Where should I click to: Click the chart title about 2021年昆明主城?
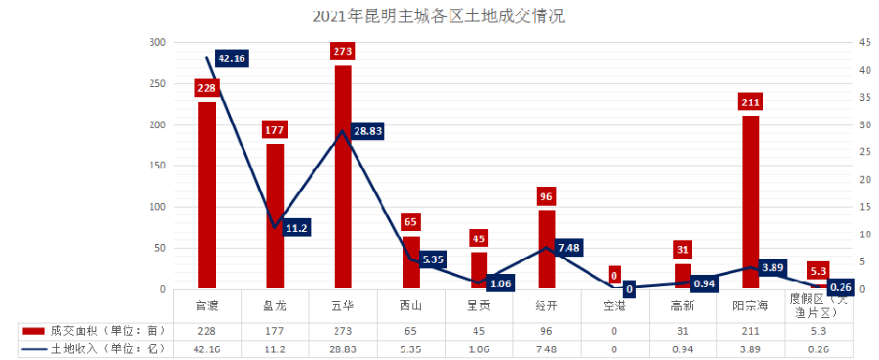click(439, 16)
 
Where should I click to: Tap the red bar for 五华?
click(343, 178)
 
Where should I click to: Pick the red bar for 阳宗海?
click(751, 202)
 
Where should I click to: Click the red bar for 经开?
click(547, 249)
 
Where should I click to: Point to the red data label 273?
click(343, 51)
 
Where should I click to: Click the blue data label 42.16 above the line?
click(232, 58)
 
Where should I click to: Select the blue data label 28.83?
click(368, 132)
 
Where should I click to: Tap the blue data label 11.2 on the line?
click(296, 227)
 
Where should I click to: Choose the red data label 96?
click(547, 196)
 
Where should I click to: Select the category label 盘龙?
click(275, 306)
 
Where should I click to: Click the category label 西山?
click(411, 306)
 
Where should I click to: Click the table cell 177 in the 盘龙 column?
click(275, 331)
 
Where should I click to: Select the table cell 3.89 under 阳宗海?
click(751, 349)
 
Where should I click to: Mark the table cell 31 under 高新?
click(683, 331)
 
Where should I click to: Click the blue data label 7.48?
click(569, 247)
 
